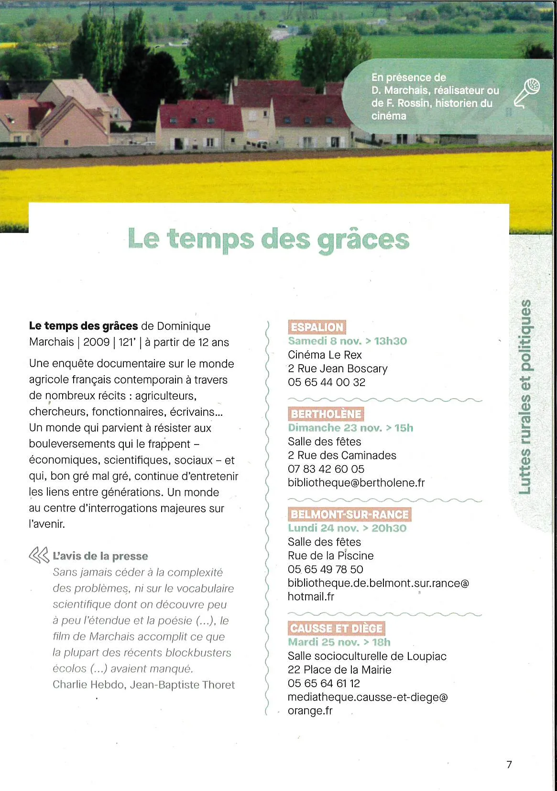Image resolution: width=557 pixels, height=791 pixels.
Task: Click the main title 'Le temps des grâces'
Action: pos(269,239)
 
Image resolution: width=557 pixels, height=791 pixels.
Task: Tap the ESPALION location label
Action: pos(317,327)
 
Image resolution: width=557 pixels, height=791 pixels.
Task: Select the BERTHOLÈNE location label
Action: pos(326,414)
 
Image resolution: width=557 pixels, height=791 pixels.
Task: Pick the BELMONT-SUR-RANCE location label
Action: pos(349,514)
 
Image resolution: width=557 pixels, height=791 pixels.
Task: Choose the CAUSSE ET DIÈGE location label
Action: pos(336,628)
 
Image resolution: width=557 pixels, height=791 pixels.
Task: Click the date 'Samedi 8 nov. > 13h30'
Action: pos(347,341)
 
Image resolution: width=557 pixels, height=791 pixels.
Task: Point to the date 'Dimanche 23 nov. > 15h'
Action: pos(350,428)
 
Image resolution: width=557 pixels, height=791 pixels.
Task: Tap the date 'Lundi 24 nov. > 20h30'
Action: pos(347,528)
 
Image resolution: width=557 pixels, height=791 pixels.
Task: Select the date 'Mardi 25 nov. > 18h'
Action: pos(339,642)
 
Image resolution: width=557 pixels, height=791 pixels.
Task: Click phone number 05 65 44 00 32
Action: pos(327,382)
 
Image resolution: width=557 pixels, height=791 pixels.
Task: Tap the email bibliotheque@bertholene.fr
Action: pos(356,483)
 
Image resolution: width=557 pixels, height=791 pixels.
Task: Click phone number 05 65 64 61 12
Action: pos(324,683)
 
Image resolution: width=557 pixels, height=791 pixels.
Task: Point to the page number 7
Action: pos(509,765)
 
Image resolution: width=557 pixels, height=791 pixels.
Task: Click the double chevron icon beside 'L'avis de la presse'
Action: pos(39,556)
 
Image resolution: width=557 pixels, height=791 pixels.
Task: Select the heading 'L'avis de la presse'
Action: pos(100,556)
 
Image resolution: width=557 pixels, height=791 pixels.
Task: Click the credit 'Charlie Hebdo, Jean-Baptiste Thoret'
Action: pos(143,685)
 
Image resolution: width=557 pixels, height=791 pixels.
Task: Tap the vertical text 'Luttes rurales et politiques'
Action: pos(525,397)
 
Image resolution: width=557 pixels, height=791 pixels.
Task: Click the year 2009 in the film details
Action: pos(96,342)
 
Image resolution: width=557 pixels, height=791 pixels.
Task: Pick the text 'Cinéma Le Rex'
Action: pos(325,355)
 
